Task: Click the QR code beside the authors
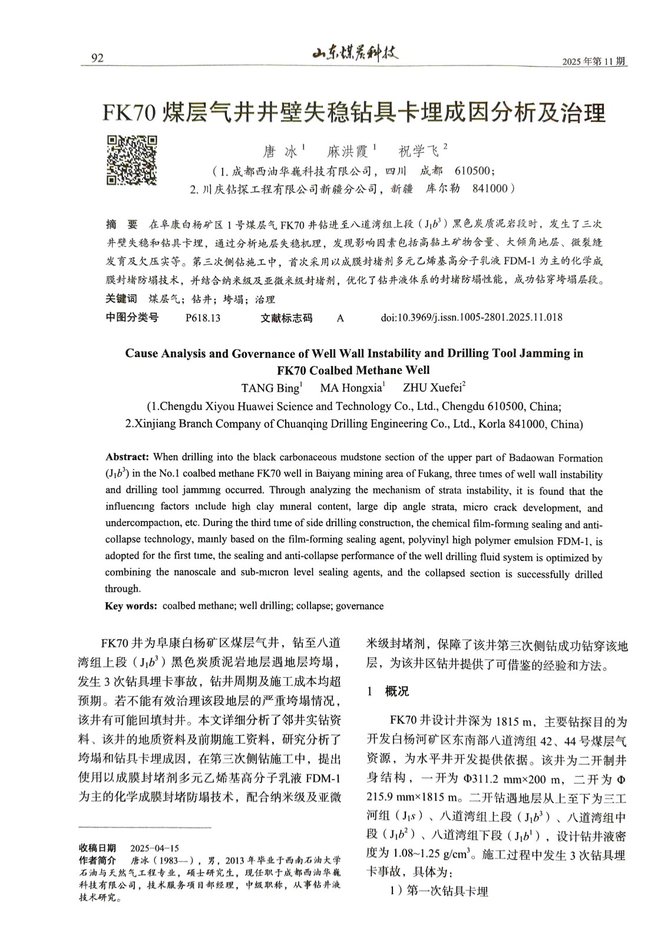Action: pos(132,160)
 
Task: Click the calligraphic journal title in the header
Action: pos(355,55)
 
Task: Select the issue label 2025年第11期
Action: pos(594,62)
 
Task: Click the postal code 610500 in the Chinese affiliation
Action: pos(474,171)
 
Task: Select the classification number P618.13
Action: pos(203,318)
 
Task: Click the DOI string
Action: pos(471,317)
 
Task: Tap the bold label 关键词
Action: pos(121,299)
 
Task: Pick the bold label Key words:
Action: pos(131,606)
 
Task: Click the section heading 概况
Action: pos(396,692)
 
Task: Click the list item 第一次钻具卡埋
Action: pos(447,891)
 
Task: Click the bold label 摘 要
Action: pos(121,225)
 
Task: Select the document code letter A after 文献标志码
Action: pos(340,318)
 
